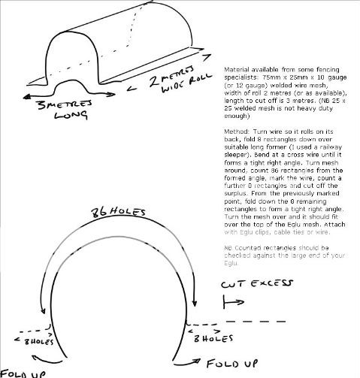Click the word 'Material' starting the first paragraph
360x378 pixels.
[234, 68]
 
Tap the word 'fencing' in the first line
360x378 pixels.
[337, 68]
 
